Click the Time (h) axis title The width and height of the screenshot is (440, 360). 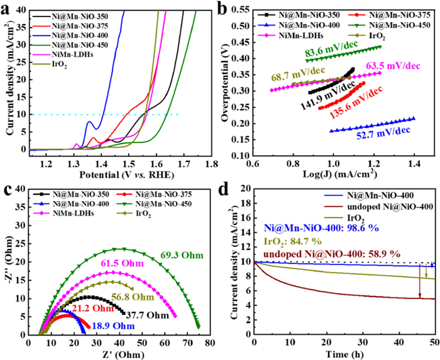(x=344, y=352)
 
